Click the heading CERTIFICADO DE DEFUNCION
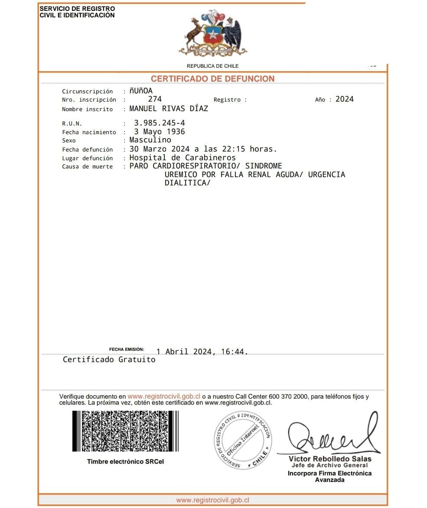(x=212, y=79)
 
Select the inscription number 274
(x=155, y=99)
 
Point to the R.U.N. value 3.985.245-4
(x=159, y=123)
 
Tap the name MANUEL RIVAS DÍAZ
(x=169, y=109)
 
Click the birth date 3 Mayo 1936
(x=159, y=132)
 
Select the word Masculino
(x=150, y=140)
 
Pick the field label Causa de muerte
(x=87, y=167)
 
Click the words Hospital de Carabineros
(x=183, y=158)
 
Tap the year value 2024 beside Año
(x=345, y=99)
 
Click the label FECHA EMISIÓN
(x=126, y=349)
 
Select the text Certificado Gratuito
(x=109, y=360)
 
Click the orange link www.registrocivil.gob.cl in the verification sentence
(x=164, y=396)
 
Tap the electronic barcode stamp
(x=125, y=431)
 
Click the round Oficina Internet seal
(x=243, y=440)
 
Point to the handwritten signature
(x=329, y=436)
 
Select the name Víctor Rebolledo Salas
(x=330, y=459)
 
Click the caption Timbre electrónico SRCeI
(x=125, y=462)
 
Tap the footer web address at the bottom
(x=212, y=500)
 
